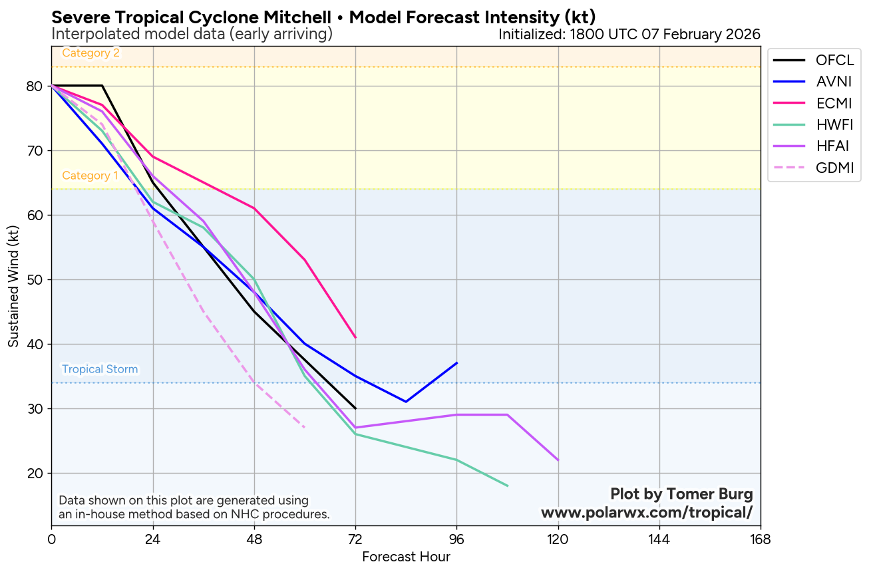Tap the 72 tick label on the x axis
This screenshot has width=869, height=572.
point(355,539)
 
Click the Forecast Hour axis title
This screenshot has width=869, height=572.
point(406,557)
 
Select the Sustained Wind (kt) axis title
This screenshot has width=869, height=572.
point(14,285)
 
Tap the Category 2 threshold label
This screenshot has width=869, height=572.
point(90,53)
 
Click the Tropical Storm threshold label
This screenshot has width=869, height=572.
point(100,369)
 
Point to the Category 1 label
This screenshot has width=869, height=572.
point(90,176)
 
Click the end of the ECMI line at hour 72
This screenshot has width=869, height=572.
point(355,337)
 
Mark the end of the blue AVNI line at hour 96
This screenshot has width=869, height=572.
point(456,362)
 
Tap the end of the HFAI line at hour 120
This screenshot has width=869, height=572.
point(558,460)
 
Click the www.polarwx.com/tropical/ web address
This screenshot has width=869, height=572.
point(647,513)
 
